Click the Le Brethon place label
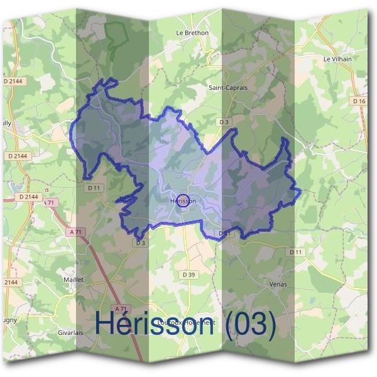[x=192, y=33]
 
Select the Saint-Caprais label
[x=228, y=88]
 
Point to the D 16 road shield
[x=359, y=101]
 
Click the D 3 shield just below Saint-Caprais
[x=224, y=121]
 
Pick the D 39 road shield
[x=188, y=275]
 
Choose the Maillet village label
[x=74, y=279]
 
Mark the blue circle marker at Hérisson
[x=183, y=201]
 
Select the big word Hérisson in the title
[x=155, y=324]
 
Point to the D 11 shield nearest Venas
[x=295, y=252]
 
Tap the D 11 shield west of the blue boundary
[x=94, y=187]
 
